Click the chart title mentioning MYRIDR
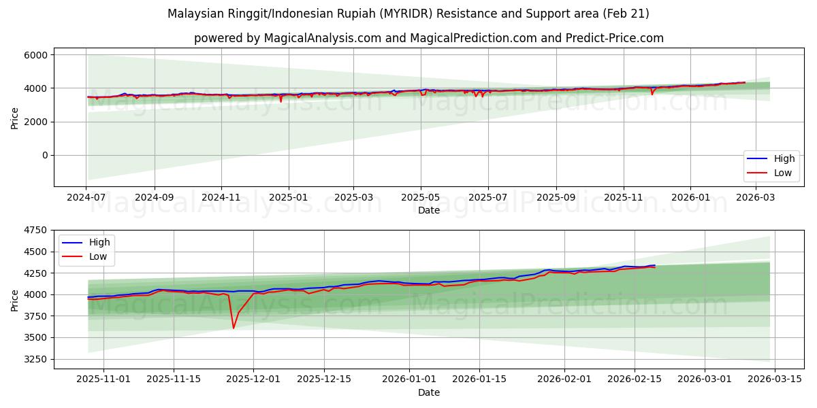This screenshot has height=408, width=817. [408, 14]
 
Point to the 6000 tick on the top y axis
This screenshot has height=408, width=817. [36, 55]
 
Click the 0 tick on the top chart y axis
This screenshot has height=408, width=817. [44, 155]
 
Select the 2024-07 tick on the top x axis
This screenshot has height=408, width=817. [86, 197]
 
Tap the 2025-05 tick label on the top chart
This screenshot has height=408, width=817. [420, 197]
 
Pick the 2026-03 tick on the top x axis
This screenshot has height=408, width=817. [756, 197]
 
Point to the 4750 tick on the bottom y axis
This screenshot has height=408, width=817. [36, 231]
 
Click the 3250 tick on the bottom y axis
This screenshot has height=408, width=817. [36, 359]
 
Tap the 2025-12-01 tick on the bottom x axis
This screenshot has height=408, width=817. [253, 379]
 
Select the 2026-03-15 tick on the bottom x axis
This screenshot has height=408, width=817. [777, 379]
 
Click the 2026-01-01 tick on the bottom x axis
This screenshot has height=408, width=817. [410, 379]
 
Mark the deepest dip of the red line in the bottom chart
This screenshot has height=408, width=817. [234, 328]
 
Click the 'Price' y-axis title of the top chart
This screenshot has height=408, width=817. [15, 117]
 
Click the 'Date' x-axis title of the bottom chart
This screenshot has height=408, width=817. [428, 392]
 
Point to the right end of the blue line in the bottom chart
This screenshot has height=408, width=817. [655, 265]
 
